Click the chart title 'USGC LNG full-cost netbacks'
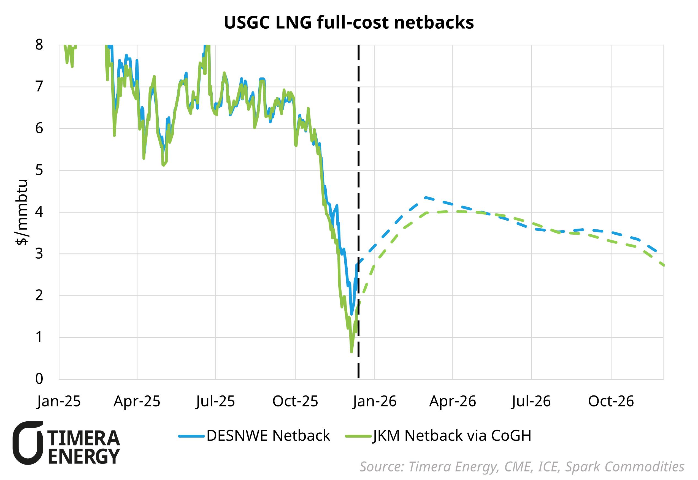[349, 23]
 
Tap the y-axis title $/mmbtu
[22, 212]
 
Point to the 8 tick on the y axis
[39, 45]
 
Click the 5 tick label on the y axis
[39, 170]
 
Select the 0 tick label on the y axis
[39, 379]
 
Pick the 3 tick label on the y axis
[39, 254]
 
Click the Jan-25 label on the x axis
[59, 401]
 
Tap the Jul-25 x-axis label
[215, 401]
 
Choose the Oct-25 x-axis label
[295, 401]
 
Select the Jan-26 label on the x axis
[374, 401]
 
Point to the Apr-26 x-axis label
[453, 401]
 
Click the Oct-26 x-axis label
[611, 401]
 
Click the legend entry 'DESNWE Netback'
[268, 435]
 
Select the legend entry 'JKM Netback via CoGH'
[452, 435]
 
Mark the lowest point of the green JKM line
[351, 352]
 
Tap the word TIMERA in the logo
[84, 438]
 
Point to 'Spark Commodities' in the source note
[625, 467]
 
